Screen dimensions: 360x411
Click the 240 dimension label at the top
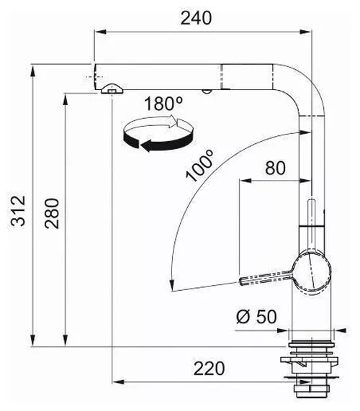[x=196, y=18]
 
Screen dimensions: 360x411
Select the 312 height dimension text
[x=18, y=210]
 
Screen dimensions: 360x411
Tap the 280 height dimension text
[x=52, y=214]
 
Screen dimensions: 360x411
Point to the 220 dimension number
[x=209, y=369]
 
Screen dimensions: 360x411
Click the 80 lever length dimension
[x=275, y=168]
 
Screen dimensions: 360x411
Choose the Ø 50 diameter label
[x=256, y=317]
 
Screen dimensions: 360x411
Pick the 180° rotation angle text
[x=163, y=104]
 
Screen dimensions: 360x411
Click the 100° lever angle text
[x=200, y=166]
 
